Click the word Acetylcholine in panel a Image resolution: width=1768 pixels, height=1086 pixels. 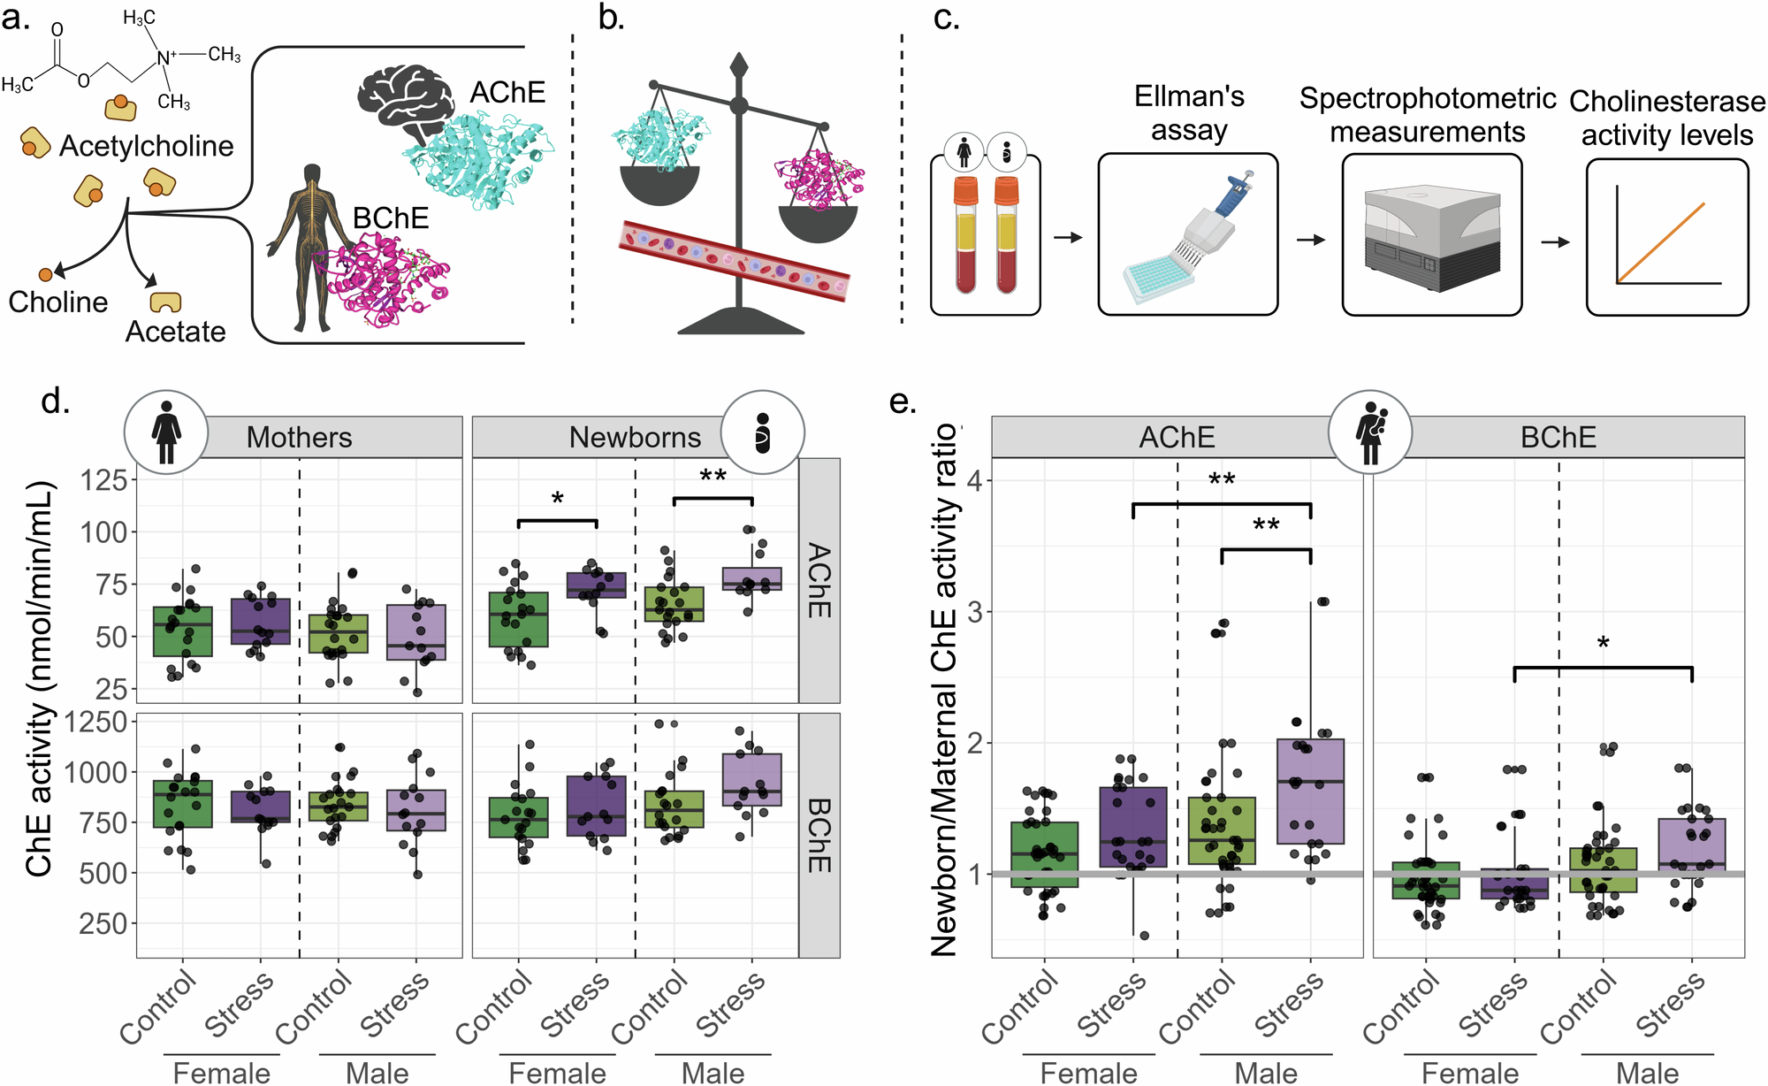pos(146,146)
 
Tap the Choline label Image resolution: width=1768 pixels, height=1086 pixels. pos(58,302)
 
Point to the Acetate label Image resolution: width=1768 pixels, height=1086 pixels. pos(175,332)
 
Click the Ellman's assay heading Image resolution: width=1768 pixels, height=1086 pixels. pos(1189,113)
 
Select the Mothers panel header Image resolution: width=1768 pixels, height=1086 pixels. pos(299,437)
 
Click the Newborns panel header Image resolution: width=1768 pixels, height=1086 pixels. pos(635,437)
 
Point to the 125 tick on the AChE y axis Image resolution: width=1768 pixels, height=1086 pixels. pos(104,480)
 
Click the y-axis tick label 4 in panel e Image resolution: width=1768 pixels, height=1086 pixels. pos(975,481)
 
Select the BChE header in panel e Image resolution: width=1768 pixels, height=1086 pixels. pos(1558,437)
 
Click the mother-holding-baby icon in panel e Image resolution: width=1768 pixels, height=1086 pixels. pos(1370,432)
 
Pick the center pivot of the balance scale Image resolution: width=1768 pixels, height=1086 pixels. pos(740,107)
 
